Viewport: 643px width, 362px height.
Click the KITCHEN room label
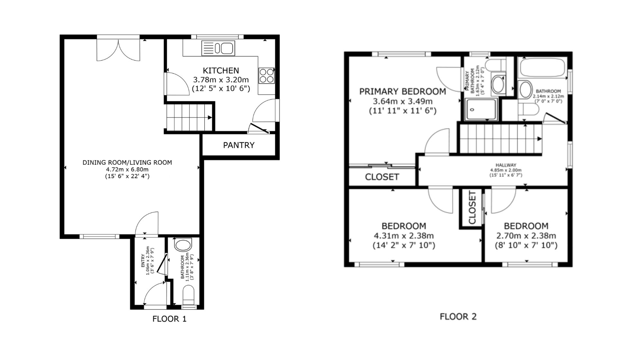tap(221, 70)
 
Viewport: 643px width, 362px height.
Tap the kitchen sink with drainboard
tap(218, 48)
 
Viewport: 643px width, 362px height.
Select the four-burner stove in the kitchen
tap(267, 76)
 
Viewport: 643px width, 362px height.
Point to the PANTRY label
tap(239, 145)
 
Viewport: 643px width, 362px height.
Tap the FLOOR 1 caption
tap(169, 319)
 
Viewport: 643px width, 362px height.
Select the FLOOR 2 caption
tap(458, 317)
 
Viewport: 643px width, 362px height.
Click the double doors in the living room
tap(118, 50)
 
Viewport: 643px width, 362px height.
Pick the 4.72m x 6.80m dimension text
tap(127, 170)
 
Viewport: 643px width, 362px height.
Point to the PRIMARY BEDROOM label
tap(403, 92)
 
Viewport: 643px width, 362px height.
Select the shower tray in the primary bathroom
tap(481, 109)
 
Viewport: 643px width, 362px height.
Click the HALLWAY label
tap(506, 165)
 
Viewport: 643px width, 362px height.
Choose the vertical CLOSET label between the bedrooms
tap(472, 208)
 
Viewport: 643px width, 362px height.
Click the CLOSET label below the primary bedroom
tap(382, 177)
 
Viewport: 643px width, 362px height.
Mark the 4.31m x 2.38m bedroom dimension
tap(404, 236)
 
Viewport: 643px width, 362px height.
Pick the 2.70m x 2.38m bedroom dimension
tap(526, 236)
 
